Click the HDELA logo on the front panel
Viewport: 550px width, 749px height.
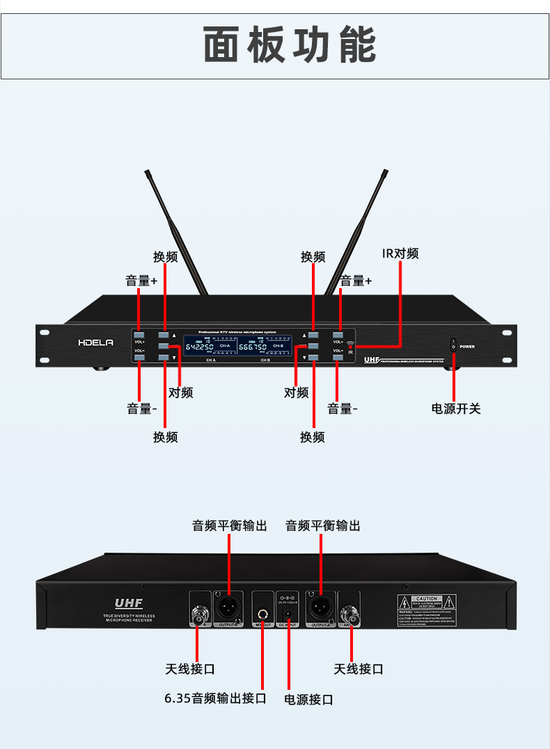pos(95,342)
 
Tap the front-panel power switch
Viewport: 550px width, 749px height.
pos(453,345)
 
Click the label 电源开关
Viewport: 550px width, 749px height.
pos(456,409)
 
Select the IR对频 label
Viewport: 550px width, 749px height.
pos(400,253)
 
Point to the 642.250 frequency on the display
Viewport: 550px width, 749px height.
pos(199,347)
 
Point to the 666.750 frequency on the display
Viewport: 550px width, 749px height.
pos(253,347)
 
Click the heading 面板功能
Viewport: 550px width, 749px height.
pos(290,45)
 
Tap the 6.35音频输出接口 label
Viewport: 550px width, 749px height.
pos(215,697)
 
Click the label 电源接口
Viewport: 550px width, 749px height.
pos(308,699)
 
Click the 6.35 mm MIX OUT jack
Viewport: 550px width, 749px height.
pos(263,614)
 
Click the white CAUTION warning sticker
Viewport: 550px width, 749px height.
pos(426,610)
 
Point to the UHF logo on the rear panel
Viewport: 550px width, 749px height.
pos(129,604)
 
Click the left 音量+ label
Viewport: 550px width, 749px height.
pos(141,281)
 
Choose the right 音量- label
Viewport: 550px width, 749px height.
pos(342,409)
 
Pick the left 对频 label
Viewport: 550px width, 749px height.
pos(180,393)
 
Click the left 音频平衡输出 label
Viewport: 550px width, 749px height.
pos(230,526)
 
